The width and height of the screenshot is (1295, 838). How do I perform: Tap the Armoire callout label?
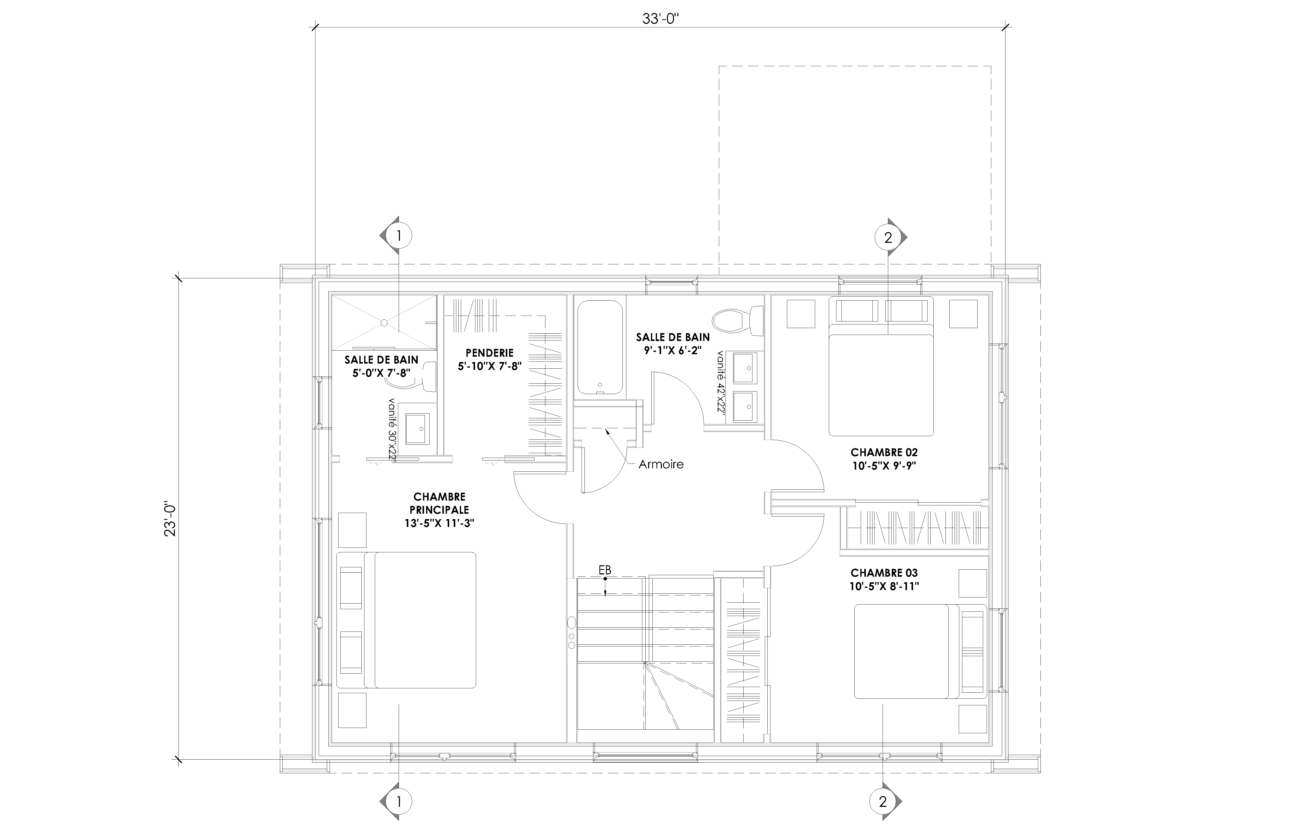point(661,464)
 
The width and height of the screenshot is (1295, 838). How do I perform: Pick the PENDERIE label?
point(489,353)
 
